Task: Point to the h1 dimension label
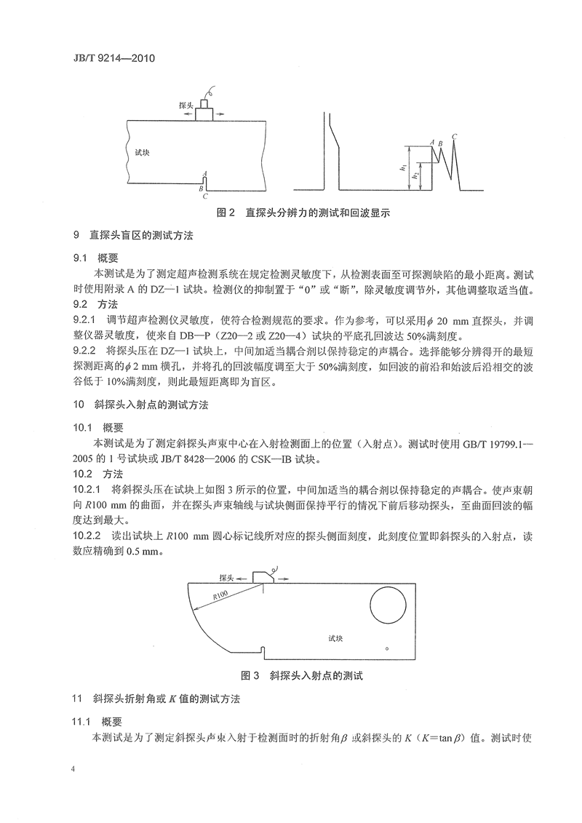402,167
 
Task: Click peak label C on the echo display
454,135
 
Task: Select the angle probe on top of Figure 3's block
262,576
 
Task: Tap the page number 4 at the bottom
74,769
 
